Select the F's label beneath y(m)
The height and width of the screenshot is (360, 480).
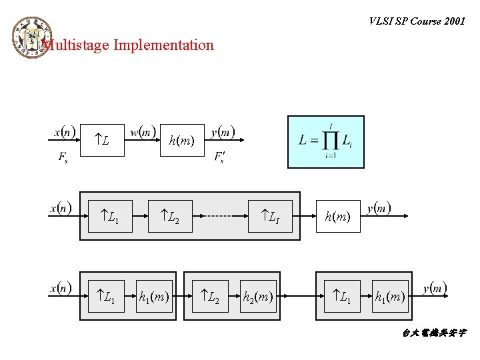219,157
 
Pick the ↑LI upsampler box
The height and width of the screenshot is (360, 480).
270,217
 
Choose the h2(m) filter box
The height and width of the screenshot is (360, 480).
257,295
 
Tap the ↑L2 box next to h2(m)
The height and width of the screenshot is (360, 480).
211,295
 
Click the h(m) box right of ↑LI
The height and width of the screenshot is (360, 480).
337,217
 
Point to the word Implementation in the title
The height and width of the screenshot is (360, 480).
163,45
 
